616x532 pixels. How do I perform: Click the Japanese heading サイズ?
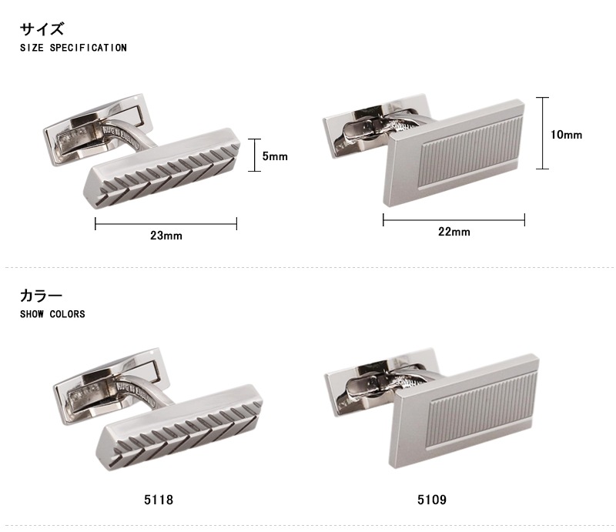click(42, 29)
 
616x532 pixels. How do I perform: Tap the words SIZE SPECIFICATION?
click(73, 48)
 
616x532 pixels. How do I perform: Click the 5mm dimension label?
click(275, 156)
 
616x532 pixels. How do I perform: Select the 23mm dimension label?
click(166, 236)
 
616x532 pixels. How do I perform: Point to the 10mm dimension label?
click(566, 135)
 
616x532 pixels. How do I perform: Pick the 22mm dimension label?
click(454, 232)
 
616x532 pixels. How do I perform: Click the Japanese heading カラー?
click(41, 296)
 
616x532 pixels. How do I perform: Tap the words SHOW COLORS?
click(52, 314)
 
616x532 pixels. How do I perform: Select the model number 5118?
click(159, 500)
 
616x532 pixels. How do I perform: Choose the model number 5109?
click(432, 500)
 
